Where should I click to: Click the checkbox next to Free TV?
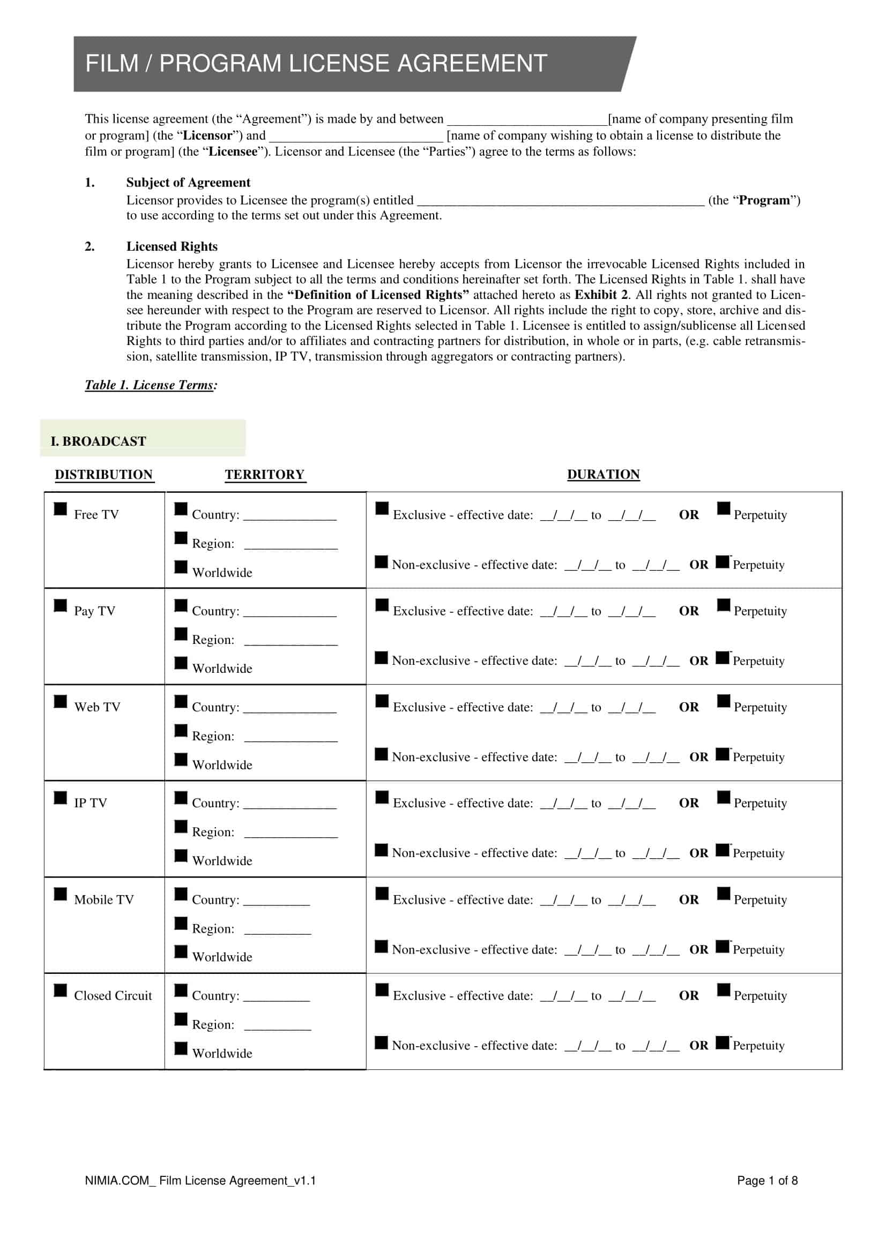point(60,508)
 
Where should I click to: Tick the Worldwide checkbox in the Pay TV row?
point(181,663)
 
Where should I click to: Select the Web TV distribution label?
point(97,707)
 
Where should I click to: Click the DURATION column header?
point(603,474)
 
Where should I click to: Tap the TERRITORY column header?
point(265,474)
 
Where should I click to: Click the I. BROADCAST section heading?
point(98,441)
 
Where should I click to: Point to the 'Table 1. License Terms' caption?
point(151,385)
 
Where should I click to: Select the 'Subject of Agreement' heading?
point(188,182)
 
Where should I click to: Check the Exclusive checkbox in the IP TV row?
point(382,797)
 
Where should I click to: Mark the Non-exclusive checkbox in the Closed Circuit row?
point(381,1042)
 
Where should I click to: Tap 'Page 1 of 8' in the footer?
point(767,1181)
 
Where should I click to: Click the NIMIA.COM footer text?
point(200,1181)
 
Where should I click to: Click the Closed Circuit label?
point(113,995)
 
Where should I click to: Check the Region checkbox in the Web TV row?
point(181,730)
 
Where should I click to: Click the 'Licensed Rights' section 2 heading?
point(172,246)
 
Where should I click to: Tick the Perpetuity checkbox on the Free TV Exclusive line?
point(723,508)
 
